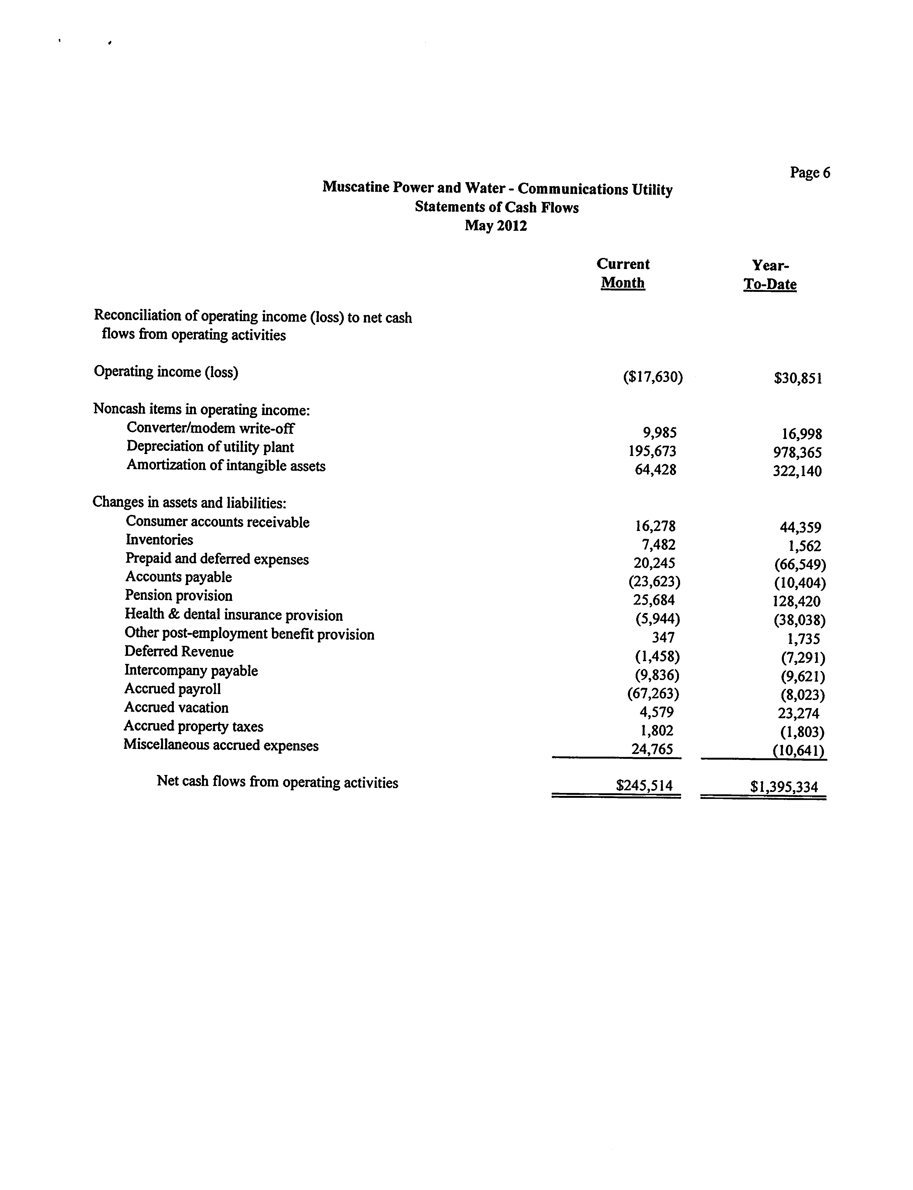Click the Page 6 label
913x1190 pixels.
coord(810,173)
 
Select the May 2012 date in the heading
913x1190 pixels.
coord(496,225)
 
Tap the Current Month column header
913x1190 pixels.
coord(623,273)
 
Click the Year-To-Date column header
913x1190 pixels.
coord(770,275)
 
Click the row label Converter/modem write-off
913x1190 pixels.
coord(210,428)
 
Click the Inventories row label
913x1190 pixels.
coord(159,540)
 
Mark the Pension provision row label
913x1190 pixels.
coord(179,596)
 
